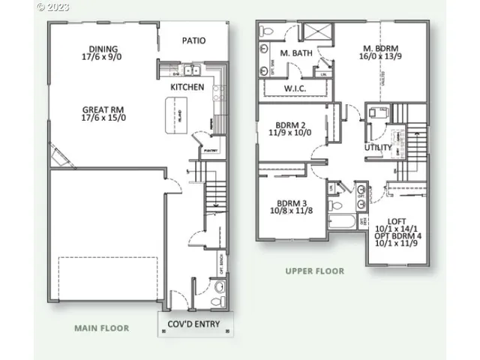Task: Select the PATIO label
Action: tap(193, 40)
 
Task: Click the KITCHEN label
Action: tap(187, 87)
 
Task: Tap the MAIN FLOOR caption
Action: tap(101, 328)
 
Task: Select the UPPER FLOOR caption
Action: tap(314, 271)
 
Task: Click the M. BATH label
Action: tap(295, 53)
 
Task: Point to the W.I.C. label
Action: tap(293, 88)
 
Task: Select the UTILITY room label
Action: tap(378, 148)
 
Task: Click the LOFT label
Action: tap(397, 220)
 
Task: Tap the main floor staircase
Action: tap(214, 195)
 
